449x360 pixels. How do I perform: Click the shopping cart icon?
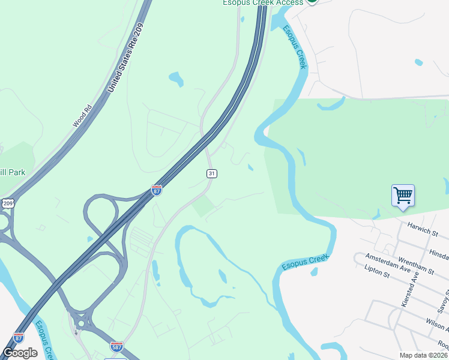click(x=403, y=194)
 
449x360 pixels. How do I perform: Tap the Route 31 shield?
click(x=211, y=173)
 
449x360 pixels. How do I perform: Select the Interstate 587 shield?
click(x=117, y=346)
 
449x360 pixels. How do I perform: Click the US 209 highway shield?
click(x=8, y=203)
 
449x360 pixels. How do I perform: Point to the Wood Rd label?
click(x=81, y=116)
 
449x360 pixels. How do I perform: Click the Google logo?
click(x=20, y=353)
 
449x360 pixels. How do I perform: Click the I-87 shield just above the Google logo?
click(x=19, y=338)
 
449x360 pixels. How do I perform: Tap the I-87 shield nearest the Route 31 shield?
click(x=157, y=190)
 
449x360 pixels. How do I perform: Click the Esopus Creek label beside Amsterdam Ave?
click(x=306, y=262)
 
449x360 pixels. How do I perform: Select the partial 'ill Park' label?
click(x=13, y=172)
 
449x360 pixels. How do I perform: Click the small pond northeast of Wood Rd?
click(x=176, y=78)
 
